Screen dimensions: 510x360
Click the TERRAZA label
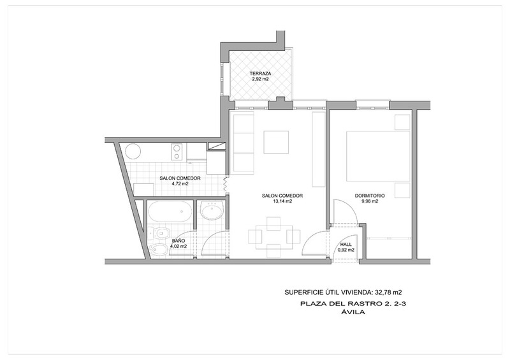[260, 73]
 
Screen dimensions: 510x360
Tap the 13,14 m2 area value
[282, 201]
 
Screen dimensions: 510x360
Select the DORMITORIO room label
[370, 196]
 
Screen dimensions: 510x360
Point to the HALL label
[346, 244]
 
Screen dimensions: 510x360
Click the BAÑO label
[178, 241]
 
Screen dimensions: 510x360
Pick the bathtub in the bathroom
[170, 212]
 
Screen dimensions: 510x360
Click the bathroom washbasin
[212, 210]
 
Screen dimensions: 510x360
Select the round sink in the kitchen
[133, 151]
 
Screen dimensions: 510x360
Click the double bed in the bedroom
[378, 156]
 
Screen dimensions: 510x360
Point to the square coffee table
[276, 142]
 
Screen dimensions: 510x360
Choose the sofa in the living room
[242, 143]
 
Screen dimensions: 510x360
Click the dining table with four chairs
[274, 237]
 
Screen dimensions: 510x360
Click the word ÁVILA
[353, 312]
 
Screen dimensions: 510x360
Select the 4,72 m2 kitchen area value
[180, 184]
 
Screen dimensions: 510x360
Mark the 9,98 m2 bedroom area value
[370, 201]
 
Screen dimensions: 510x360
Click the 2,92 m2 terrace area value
[260, 79]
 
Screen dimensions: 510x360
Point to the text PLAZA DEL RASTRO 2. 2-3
[354, 304]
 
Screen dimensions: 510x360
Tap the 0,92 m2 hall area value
[346, 250]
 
